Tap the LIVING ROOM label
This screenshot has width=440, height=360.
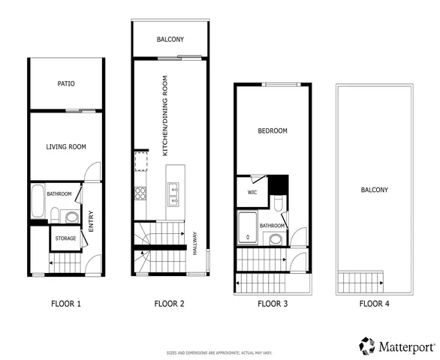tap(63, 146)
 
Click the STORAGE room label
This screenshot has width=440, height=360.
tap(65, 239)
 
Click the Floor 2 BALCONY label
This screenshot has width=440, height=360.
tap(170, 39)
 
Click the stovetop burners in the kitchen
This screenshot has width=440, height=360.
tap(140, 194)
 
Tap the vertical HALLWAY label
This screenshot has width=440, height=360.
tap(195, 242)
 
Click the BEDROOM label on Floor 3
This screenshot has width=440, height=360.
tap(273, 130)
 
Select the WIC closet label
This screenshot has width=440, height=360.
tap(253, 191)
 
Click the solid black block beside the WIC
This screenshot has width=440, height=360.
tap(279, 184)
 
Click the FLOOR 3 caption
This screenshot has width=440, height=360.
tap(273, 304)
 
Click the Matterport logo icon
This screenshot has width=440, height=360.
tap(366, 345)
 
